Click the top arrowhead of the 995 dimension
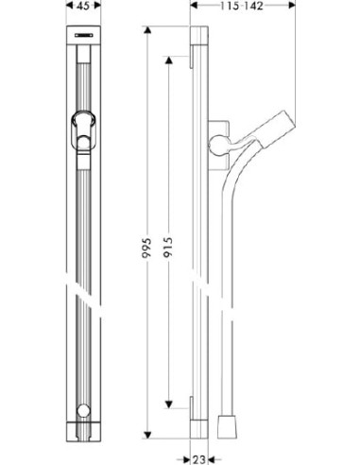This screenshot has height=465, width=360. [147, 31]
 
